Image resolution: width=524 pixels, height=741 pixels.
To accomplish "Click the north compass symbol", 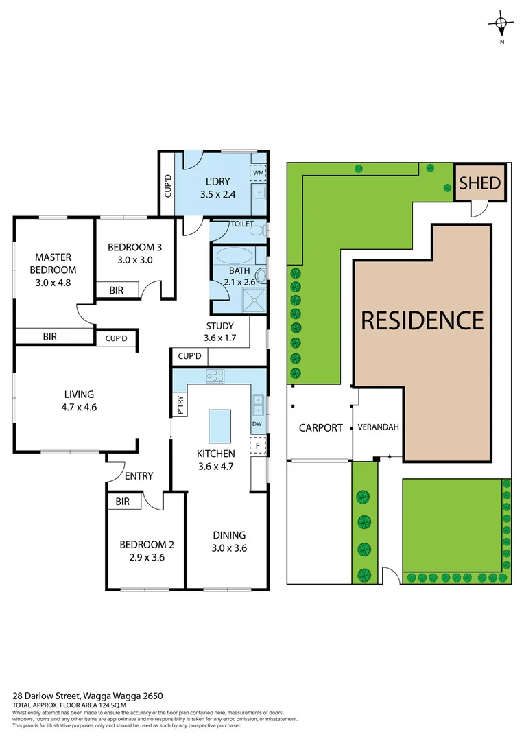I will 501,25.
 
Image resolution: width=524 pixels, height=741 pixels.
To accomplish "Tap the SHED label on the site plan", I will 480,183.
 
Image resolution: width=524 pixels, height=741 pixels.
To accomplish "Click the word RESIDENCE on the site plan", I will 422,320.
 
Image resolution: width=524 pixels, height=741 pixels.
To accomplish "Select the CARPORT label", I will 320,427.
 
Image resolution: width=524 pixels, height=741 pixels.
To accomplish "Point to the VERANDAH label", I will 378,427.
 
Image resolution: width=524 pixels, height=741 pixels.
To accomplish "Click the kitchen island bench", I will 219,426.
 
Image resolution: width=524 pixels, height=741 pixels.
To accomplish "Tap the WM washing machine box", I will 258,173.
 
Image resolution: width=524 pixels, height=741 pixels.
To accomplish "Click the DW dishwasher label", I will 257,423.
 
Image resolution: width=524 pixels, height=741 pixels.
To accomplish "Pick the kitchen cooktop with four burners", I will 216,376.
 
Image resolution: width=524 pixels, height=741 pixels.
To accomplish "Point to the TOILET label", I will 241,224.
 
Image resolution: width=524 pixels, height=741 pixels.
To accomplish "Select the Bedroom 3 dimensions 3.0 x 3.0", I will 134,260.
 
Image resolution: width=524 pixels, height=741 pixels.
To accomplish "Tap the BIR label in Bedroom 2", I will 122,502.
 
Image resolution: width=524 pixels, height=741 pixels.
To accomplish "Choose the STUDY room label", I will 219,326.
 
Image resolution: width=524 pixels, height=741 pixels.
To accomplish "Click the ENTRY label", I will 139,476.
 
